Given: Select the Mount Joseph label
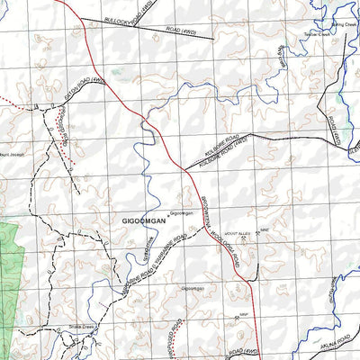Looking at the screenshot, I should click(x=16, y=154).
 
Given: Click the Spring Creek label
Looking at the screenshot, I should click(x=344, y=24).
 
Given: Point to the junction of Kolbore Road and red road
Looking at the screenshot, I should click(x=182, y=166).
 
